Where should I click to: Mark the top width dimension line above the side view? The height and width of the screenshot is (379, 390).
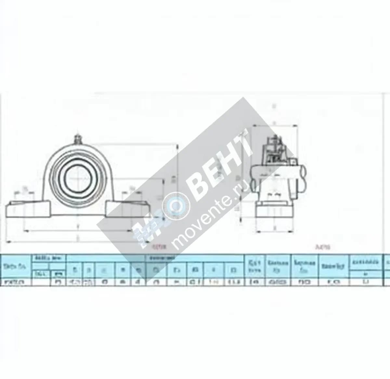[x=275, y=125]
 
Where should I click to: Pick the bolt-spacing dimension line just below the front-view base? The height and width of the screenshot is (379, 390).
[x=78, y=230]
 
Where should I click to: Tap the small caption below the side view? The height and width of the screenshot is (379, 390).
[x=323, y=248]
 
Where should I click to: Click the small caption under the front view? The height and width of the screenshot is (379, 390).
[x=160, y=248]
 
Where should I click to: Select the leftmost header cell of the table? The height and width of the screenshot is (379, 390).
[x=16, y=266]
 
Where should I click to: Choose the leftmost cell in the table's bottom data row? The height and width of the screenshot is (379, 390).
[x=16, y=282]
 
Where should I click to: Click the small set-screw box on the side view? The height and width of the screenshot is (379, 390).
[x=293, y=161]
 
